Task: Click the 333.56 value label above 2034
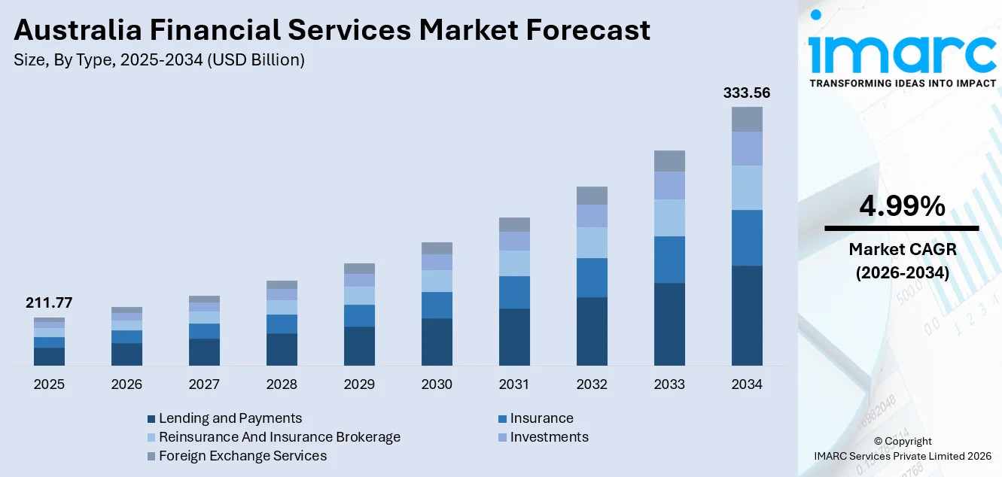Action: click(747, 93)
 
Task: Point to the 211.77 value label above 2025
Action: click(49, 303)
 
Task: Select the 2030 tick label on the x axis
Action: click(437, 384)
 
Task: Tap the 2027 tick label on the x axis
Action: click(204, 384)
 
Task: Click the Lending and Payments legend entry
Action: click(230, 418)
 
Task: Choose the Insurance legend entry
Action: click(541, 418)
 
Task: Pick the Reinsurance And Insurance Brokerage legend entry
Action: click(279, 437)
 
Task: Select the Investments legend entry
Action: click(549, 437)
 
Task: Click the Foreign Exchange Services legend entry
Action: click(242, 456)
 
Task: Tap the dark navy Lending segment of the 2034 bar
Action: click(747, 315)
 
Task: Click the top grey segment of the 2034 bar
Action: click(747, 119)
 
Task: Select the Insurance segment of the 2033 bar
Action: click(669, 260)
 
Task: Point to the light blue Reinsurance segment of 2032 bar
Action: click(592, 242)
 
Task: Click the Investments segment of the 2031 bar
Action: click(514, 241)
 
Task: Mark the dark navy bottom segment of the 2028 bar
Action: click(282, 349)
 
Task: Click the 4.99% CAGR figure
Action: click(901, 206)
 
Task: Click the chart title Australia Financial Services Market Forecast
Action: click(332, 30)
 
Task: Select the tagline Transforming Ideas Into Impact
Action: click(902, 83)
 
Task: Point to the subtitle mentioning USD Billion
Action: click(159, 60)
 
